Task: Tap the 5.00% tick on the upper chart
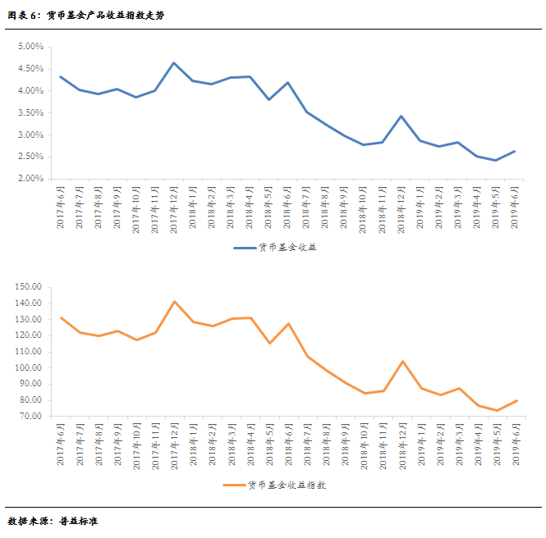30,47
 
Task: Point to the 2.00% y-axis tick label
30,179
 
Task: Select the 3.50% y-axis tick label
30,113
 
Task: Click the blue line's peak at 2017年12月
174,62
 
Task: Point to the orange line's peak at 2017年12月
174,301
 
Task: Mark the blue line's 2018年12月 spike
401,116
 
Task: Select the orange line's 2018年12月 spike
401,361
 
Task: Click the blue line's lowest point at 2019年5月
496,160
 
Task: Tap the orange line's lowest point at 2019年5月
496,411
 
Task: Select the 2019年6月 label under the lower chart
516,448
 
